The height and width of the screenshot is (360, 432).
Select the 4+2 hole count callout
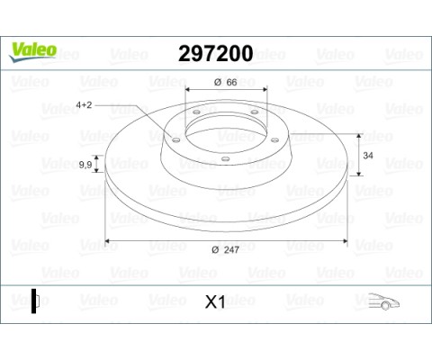87,105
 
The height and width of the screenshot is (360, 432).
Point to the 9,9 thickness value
86,164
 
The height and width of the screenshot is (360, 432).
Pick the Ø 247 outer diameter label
225,249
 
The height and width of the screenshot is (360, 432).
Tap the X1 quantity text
215,302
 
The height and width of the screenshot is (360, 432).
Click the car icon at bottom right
384,301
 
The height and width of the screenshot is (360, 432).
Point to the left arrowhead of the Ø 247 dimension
108,241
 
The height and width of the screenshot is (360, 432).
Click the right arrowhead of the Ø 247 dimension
346,241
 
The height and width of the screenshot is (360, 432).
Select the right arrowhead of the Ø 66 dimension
261,90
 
